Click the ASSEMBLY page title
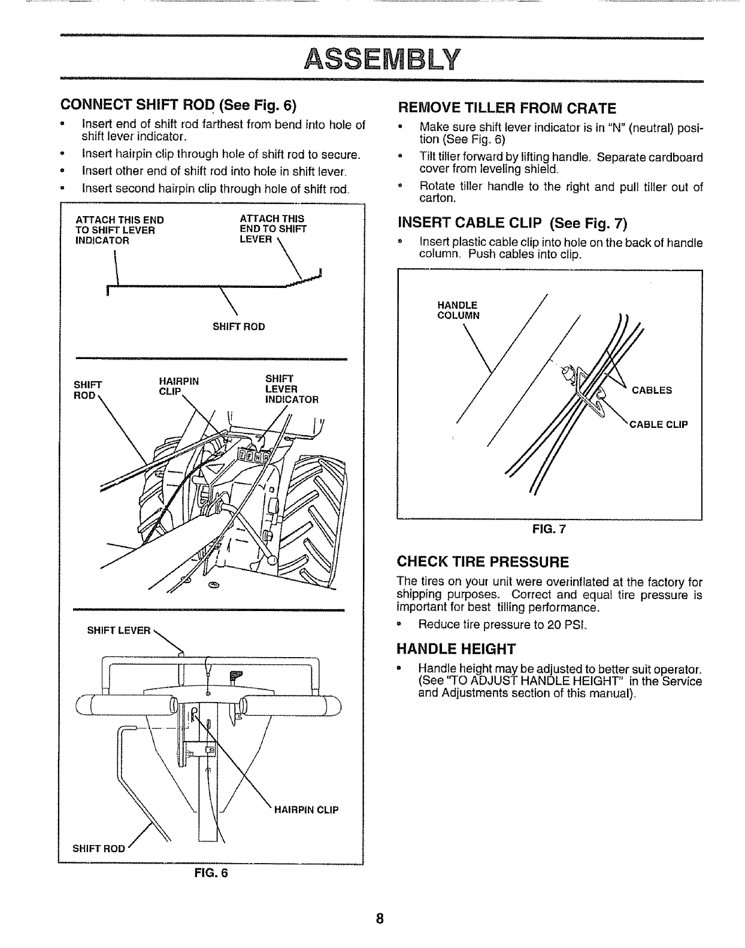coord(382,59)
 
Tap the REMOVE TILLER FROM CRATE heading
coord(507,108)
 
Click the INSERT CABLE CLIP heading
coord(512,224)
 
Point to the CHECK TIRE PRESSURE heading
coord(483,562)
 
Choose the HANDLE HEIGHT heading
coord(456,649)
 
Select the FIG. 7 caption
coord(549,528)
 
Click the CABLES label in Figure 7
coord(652,391)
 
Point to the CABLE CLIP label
coord(658,425)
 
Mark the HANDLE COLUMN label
coord(458,310)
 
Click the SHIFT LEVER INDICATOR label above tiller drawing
coord(292,389)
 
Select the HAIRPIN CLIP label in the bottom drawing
coord(307,810)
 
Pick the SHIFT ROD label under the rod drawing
coord(238,327)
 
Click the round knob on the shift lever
coord(272,560)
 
